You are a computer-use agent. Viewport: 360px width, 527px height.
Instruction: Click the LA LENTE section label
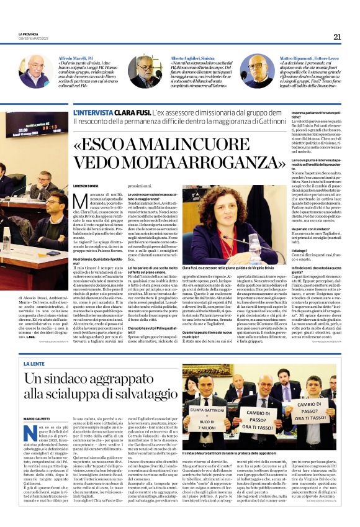(34, 363)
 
